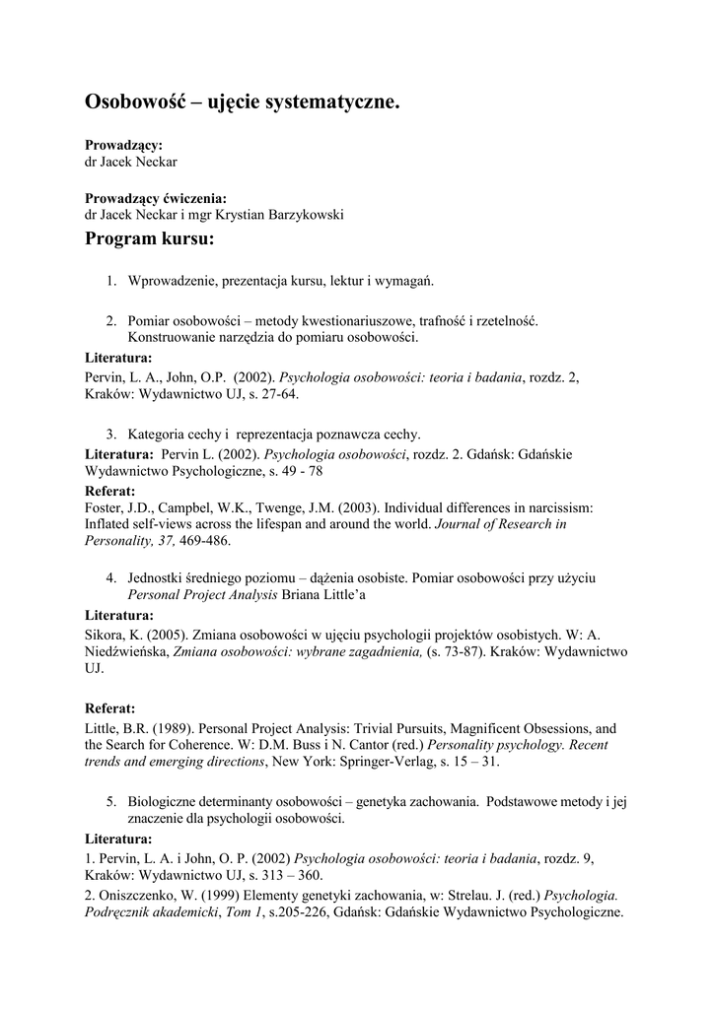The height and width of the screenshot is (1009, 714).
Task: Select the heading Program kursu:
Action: [x=149, y=239]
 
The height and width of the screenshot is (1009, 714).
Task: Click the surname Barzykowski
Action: [x=302, y=215]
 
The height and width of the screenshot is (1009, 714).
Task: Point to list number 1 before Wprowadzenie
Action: [x=111, y=281]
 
